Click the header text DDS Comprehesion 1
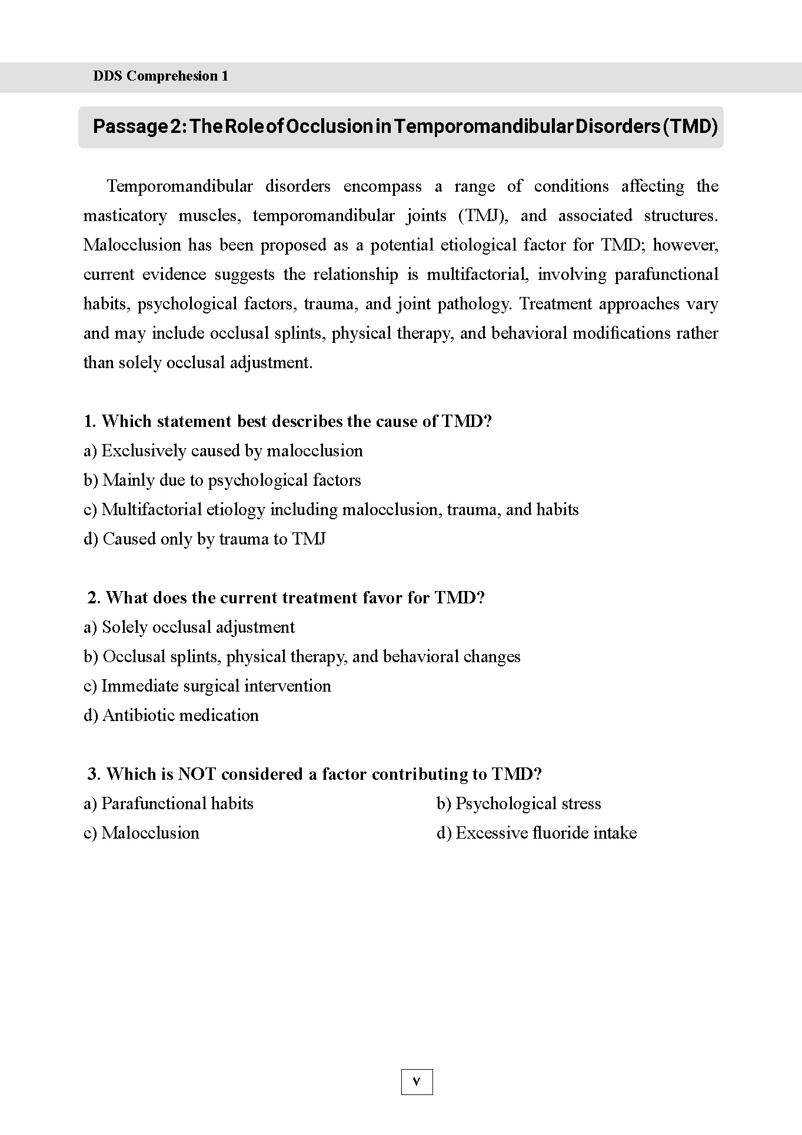point(161,76)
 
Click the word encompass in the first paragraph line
point(382,186)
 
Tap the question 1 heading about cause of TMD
point(288,421)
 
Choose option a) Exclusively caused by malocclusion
point(223,451)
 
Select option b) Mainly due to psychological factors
point(222,480)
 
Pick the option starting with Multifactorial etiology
point(331,510)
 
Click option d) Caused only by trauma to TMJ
point(205,539)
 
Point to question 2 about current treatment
point(286,597)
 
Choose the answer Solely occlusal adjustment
point(189,627)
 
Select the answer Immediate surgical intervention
point(207,686)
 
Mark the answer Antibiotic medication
point(171,716)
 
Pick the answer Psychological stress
point(519,804)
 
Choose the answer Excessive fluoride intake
point(537,833)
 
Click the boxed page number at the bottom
point(417,1081)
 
